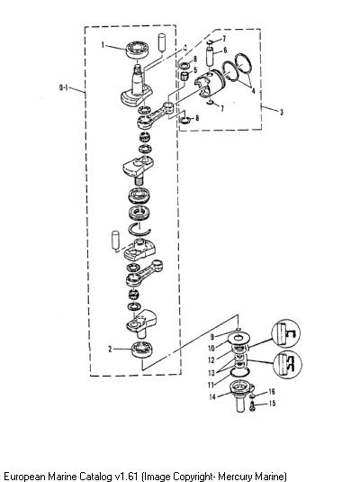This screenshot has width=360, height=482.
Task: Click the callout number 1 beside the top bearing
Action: [x=103, y=45]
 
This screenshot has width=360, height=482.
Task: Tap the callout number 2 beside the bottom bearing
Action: [x=110, y=350]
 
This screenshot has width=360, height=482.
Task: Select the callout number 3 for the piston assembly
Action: [x=281, y=112]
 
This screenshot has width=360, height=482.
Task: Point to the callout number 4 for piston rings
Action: [x=253, y=91]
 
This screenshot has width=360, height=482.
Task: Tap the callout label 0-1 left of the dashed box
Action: [x=64, y=88]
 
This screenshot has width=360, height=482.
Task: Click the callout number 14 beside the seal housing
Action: [x=212, y=396]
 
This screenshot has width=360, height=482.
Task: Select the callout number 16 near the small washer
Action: [x=272, y=392]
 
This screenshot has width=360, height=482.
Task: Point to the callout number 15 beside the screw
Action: [x=272, y=403]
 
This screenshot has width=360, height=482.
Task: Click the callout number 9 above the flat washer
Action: [x=211, y=337]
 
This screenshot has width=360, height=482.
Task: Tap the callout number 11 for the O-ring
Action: [x=211, y=385]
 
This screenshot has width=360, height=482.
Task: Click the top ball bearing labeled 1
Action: [x=138, y=50]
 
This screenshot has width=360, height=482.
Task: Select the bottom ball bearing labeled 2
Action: [x=142, y=350]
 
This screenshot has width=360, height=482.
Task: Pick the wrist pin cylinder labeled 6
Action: [x=210, y=56]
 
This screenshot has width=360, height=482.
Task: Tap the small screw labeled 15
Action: [x=253, y=406]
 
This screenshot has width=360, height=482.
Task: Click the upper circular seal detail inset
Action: [x=285, y=333]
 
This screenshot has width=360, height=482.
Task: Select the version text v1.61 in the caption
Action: [x=126, y=477]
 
